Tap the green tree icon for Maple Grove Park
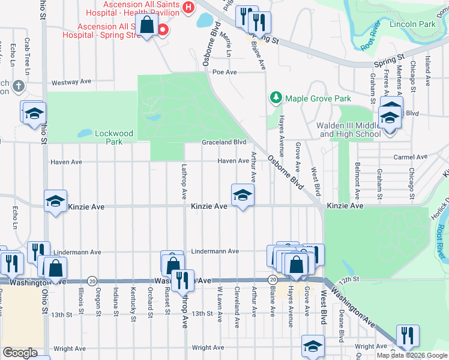pos(276,98)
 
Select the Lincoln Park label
pos(412,25)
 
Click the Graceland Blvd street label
pos(224,142)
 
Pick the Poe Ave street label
pos(224,72)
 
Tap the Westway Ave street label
pos(71,82)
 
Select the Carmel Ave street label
pos(410,157)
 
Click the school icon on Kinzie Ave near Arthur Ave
pos(243,195)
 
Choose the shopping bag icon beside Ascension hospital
pos(147,26)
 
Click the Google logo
pos(20,353)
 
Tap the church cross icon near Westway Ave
pos(19,86)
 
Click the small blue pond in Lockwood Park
pos(85,133)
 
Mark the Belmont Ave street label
pos(357,179)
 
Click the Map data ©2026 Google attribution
pos(411,355)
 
